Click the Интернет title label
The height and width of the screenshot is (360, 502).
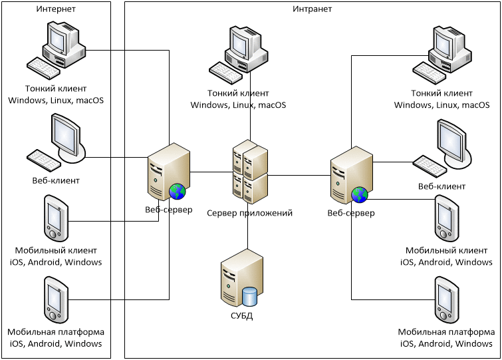coord(56,9)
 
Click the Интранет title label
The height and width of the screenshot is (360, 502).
coord(312,9)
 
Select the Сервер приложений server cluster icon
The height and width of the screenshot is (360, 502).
coord(249,172)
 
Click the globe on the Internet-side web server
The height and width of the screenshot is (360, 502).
coord(177,192)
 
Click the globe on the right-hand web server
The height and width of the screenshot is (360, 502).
coord(360,194)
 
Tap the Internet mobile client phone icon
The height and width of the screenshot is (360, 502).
coord(54,218)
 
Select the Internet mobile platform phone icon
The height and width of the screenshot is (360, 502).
coord(54,299)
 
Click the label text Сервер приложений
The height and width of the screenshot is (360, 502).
coord(249,214)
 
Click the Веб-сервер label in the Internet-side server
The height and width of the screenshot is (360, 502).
coord(168,210)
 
